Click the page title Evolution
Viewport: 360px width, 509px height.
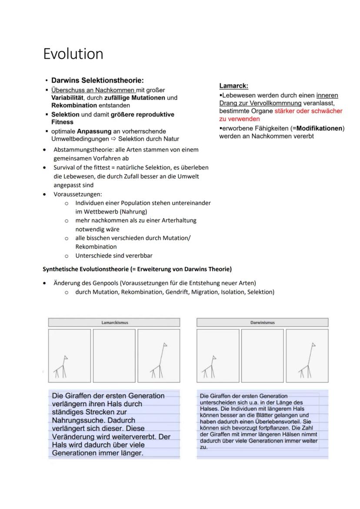tap(73, 54)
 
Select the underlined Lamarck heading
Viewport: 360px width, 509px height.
tap(233, 86)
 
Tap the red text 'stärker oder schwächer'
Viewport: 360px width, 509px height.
tap(308, 111)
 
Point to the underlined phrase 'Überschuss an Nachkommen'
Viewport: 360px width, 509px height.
tap(93, 90)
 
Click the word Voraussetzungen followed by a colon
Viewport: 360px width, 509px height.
tap(77, 194)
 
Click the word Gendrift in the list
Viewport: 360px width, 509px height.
tap(177, 292)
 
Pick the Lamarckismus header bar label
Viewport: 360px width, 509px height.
tap(114, 323)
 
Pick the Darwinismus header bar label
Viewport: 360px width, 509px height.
tap(262, 323)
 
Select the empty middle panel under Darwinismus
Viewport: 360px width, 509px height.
tap(262, 356)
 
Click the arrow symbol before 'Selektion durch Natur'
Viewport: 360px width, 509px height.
tap(113, 139)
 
